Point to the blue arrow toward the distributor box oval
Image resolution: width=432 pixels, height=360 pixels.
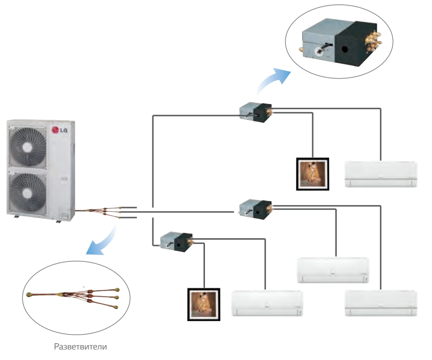click(273, 80)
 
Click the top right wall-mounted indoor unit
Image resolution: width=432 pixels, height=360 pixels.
click(381, 174)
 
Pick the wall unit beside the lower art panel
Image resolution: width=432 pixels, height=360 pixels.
click(267, 303)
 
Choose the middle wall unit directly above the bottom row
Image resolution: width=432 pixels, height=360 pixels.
click(333, 271)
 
